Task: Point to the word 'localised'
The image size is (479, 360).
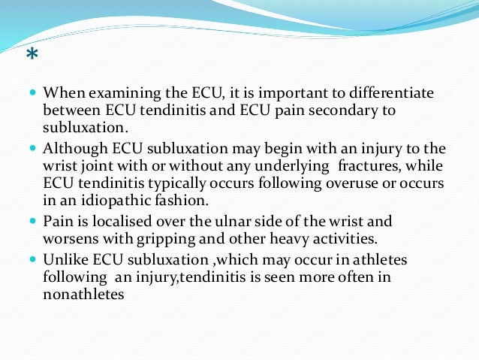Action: pyautogui.click(x=112, y=222)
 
